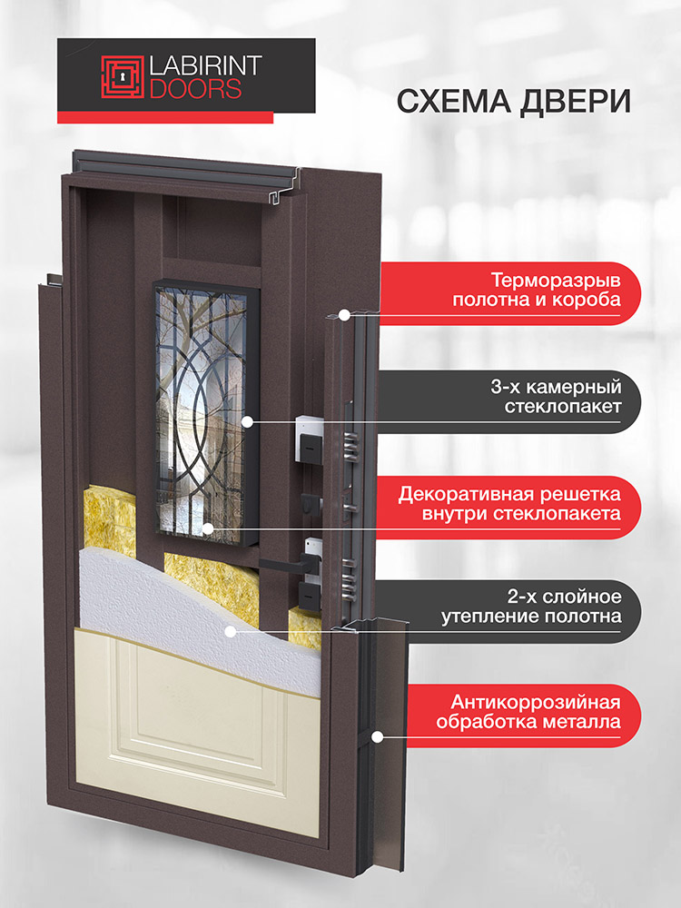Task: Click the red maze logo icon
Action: point(123,76)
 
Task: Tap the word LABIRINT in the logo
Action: point(205,66)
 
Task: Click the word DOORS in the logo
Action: point(195,88)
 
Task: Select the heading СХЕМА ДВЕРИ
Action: point(513,102)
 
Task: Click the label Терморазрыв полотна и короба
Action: point(537,291)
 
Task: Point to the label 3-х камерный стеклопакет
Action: point(556,396)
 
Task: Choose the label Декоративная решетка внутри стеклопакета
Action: point(509,504)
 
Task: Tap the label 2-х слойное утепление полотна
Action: point(531,607)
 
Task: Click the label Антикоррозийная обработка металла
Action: point(528,712)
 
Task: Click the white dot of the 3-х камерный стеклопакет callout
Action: point(247,422)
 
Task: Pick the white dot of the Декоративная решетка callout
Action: point(208,528)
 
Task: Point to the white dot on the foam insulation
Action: point(231,631)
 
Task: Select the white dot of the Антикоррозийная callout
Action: point(377,737)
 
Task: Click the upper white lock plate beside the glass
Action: point(308,439)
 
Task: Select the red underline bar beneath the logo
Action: point(165,117)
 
